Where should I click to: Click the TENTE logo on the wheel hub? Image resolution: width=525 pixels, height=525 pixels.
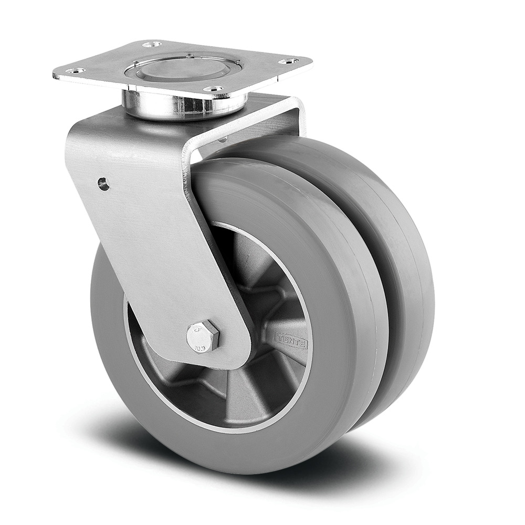[292, 342]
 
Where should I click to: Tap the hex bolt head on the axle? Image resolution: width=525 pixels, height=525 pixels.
[203, 336]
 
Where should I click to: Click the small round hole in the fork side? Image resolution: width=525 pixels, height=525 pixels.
[103, 183]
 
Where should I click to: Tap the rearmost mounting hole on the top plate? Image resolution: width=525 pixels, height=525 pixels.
[152, 44]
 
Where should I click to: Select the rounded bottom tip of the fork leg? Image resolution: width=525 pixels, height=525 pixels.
[231, 362]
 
